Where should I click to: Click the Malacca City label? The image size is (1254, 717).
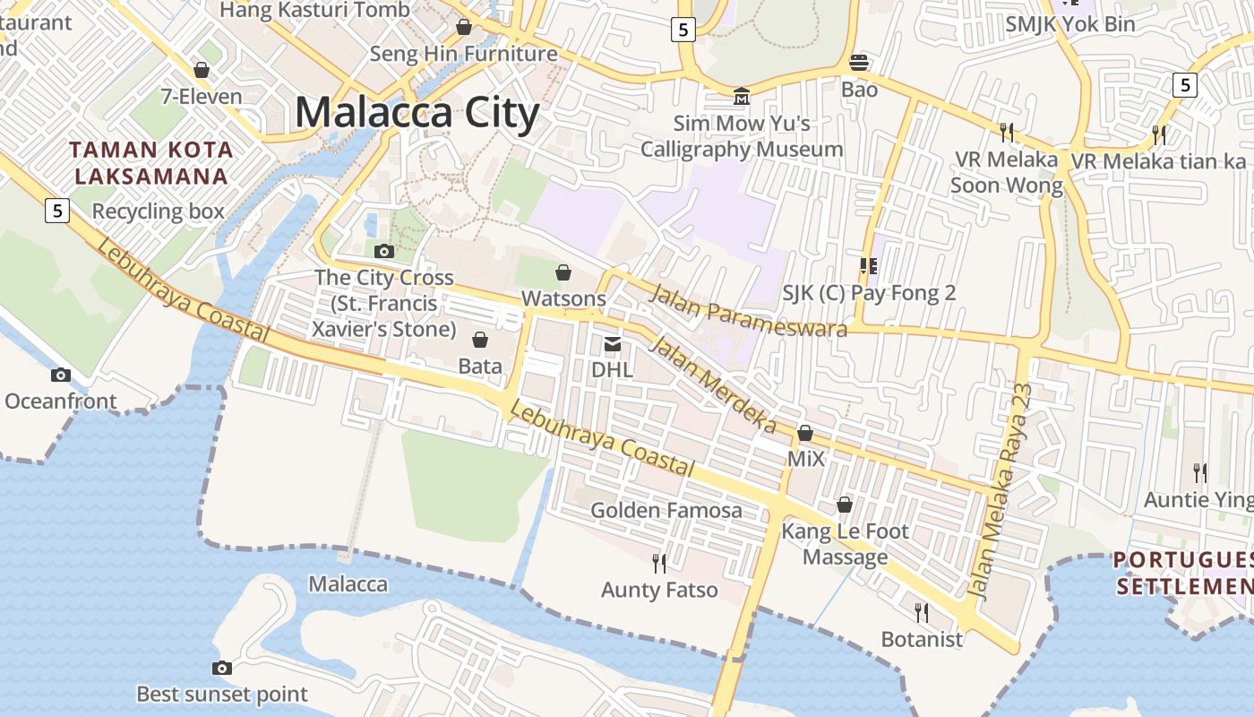(x=417, y=114)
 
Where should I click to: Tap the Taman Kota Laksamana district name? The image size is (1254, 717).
(x=151, y=162)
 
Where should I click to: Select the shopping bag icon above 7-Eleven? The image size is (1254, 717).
(x=202, y=70)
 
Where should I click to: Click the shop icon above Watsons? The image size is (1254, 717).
(x=563, y=272)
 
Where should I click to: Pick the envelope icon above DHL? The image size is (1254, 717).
(x=613, y=344)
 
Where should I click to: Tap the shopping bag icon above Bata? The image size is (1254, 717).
(x=480, y=340)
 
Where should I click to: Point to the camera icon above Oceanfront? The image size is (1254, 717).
(x=61, y=375)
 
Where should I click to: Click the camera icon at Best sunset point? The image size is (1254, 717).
(x=222, y=668)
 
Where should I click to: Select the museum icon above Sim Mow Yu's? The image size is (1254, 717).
(x=742, y=96)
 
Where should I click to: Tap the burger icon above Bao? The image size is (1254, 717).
(x=859, y=63)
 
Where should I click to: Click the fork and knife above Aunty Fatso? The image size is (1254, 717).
(x=659, y=563)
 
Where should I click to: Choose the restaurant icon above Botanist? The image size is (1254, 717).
(x=921, y=612)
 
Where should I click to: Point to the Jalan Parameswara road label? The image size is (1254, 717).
(x=748, y=311)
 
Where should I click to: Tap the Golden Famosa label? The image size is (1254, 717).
(x=666, y=510)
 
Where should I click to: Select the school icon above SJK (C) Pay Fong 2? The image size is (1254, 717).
(x=867, y=265)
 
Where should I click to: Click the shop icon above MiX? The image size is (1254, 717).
(x=805, y=434)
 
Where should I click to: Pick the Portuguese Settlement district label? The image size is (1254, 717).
(x=1182, y=574)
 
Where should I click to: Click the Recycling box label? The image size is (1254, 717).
(x=159, y=212)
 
